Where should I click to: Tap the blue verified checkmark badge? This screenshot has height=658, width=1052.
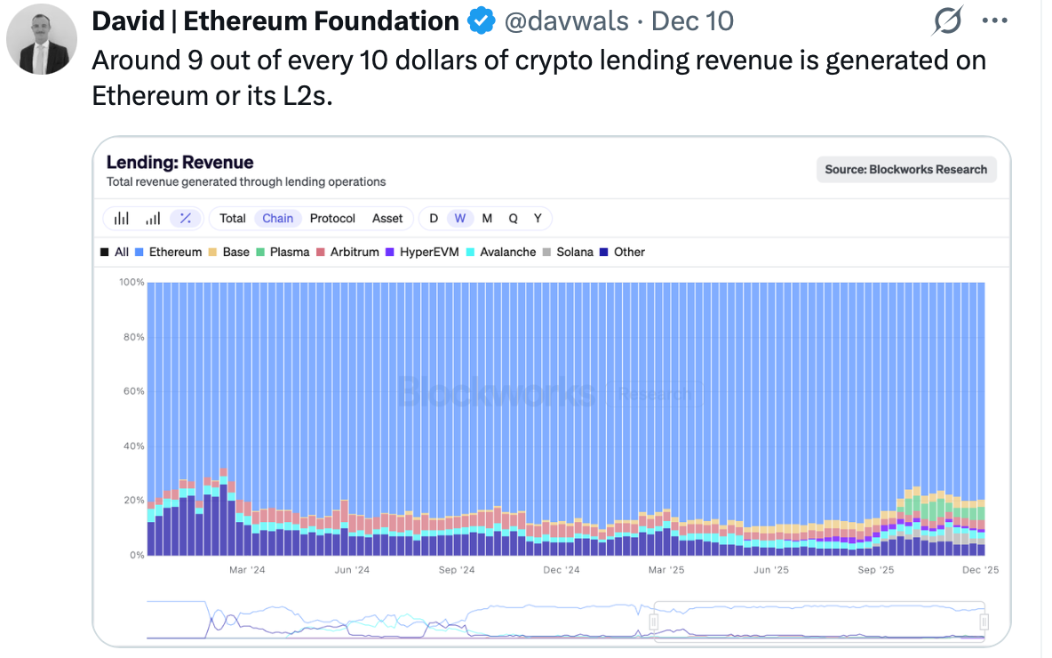[x=481, y=20]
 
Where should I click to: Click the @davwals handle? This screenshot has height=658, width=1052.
[x=565, y=20]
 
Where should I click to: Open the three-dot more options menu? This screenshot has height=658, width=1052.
[x=994, y=20]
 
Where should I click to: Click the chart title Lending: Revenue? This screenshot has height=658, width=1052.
[x=179, y=162]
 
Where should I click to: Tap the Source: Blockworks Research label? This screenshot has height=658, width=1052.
[x=905, y=169]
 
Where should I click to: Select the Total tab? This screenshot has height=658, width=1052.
[x=233, y=218]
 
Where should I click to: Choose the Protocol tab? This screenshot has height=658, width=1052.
[x=332, y=218]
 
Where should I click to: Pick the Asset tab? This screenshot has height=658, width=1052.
[x=387, y=218]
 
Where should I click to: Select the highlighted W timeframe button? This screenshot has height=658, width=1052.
[x=459, y=218]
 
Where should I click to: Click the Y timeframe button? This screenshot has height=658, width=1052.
[x=538, y=218]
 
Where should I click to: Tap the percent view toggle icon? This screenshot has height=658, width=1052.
[x=185, y=218]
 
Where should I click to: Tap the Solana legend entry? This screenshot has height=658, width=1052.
[x=568, y=252]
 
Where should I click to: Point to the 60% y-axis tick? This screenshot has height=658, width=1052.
[x=131, y=391]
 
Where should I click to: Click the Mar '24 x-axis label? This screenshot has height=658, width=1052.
[x=247, y=570]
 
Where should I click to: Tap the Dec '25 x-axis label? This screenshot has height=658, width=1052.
[x=980, y=570]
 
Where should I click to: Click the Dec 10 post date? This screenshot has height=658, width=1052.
[x=693, y=20]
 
